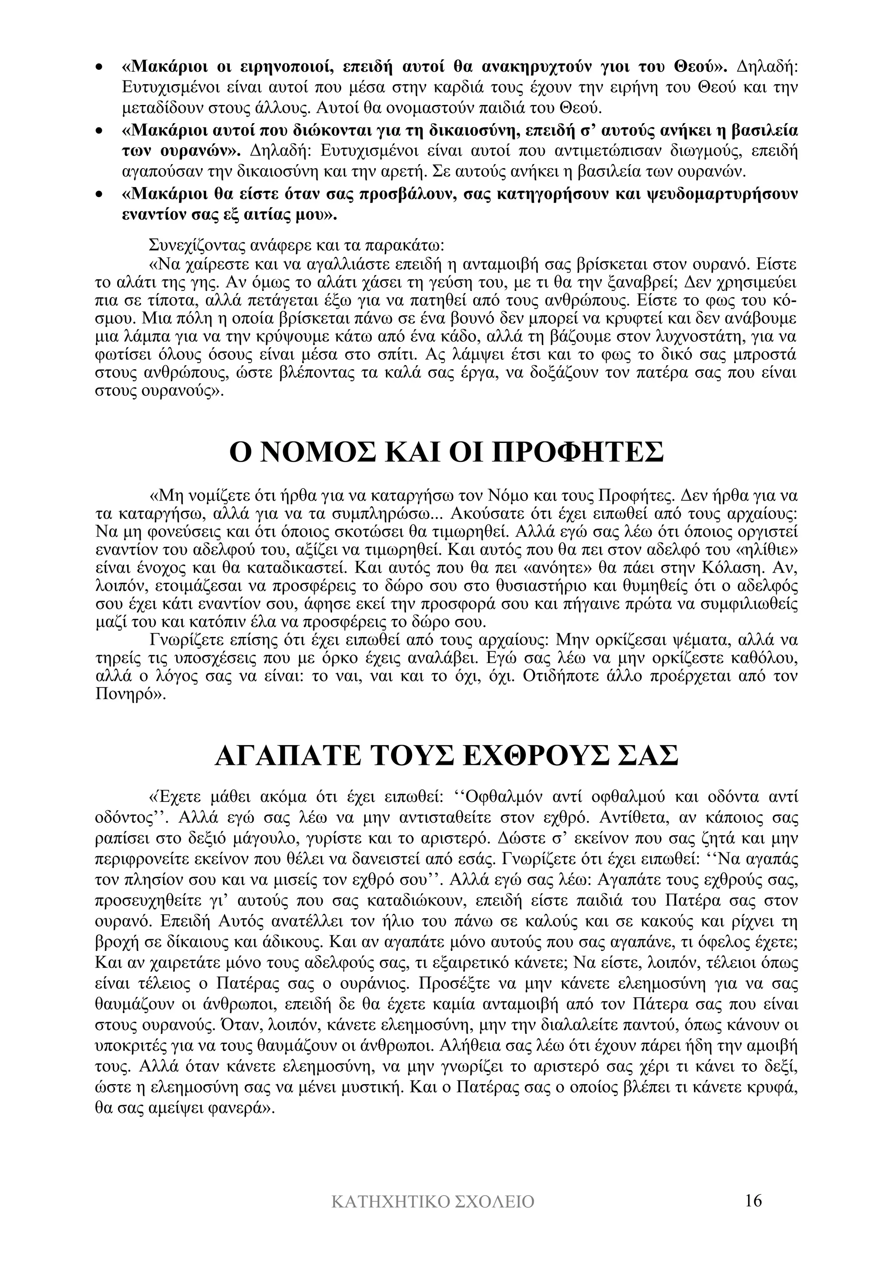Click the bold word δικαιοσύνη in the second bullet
(466, 131)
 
